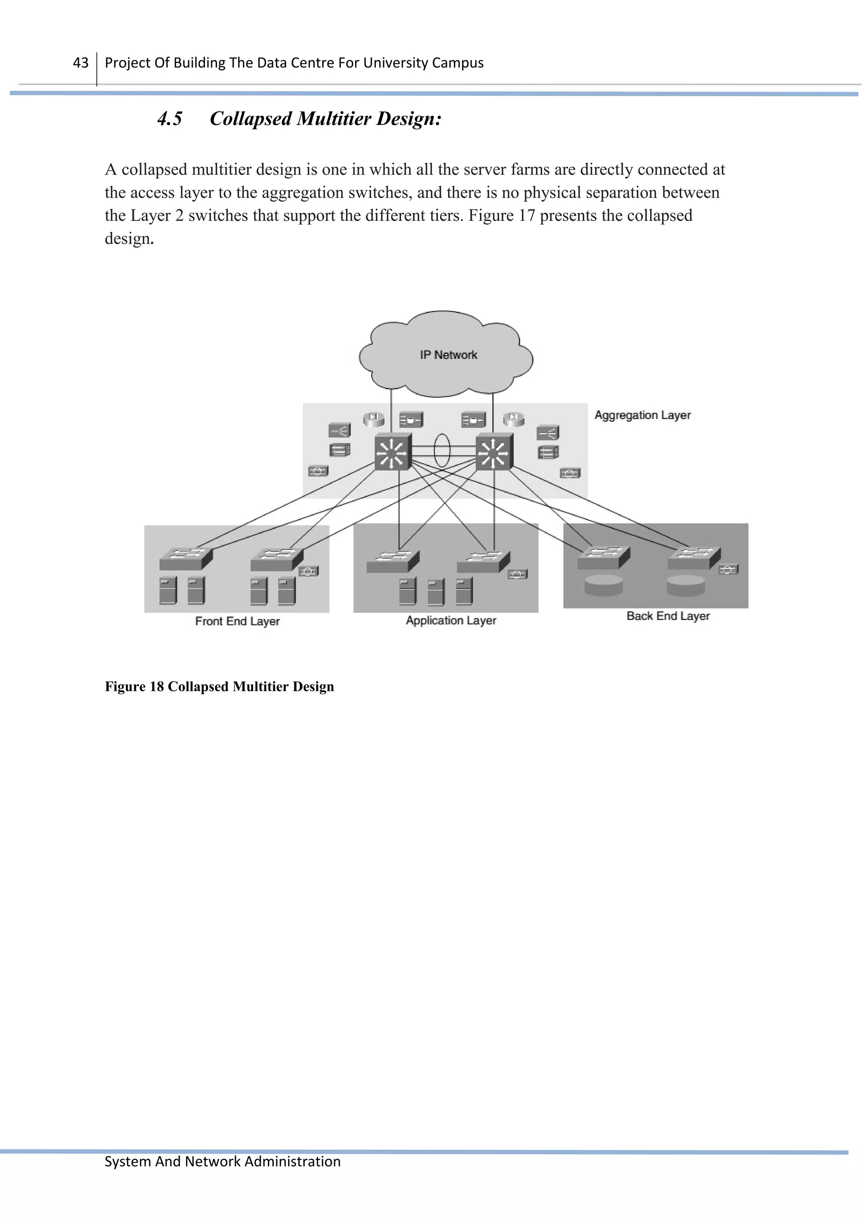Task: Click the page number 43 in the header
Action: coord(81,63)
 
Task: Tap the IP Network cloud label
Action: coord(448,355)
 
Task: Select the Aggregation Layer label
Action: coord(642,415)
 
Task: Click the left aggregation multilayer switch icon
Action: coord(393,452)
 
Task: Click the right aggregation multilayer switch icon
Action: coord(494,452)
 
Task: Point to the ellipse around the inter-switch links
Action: coord(442,451)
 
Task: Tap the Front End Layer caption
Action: coord(237,621)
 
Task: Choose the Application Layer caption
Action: coord(451,620)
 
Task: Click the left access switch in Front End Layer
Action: coord(185,559)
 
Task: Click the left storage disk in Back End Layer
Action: coord(603,585)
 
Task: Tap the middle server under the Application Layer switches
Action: coord(435,593)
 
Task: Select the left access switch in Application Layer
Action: coord(392,561)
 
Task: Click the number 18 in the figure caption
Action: coord(157,687)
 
